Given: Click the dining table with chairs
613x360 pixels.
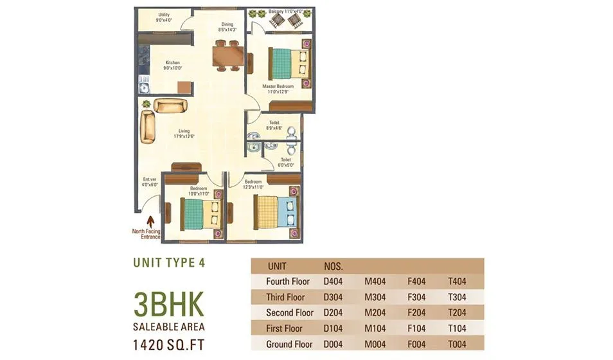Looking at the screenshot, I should coord(227,56).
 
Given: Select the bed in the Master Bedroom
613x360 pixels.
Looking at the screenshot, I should coord(289,63).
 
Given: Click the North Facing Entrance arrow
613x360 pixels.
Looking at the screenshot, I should coord(150,222).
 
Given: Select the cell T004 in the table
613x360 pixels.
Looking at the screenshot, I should coord(457,344).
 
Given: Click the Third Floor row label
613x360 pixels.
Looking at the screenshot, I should coord(285,297).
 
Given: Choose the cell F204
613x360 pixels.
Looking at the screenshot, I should coord(417,312).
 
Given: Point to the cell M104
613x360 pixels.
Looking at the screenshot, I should coord(375,328).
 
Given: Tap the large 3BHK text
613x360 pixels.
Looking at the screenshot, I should coord(168,302).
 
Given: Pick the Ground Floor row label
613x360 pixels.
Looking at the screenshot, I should coord(289,344).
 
